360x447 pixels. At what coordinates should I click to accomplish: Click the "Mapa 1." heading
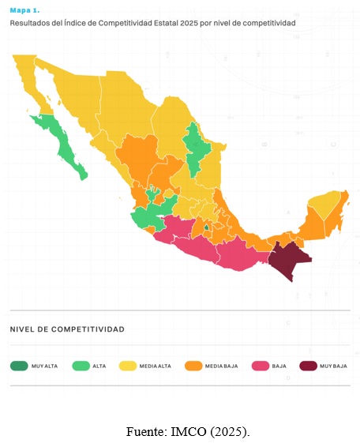click(x=24, y=11)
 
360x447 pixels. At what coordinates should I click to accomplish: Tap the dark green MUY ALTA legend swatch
click(x=19, y=366)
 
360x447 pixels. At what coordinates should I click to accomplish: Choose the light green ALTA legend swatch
click(x=81, y=366)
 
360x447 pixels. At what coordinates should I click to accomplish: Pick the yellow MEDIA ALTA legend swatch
click(x=127, y=366)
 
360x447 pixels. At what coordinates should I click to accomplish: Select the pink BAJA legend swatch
click(x=260, y=366)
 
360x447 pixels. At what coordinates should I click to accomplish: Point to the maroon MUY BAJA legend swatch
click(x=309, y=366)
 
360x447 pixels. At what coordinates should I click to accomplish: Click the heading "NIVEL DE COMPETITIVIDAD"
click(x=67, y=329)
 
